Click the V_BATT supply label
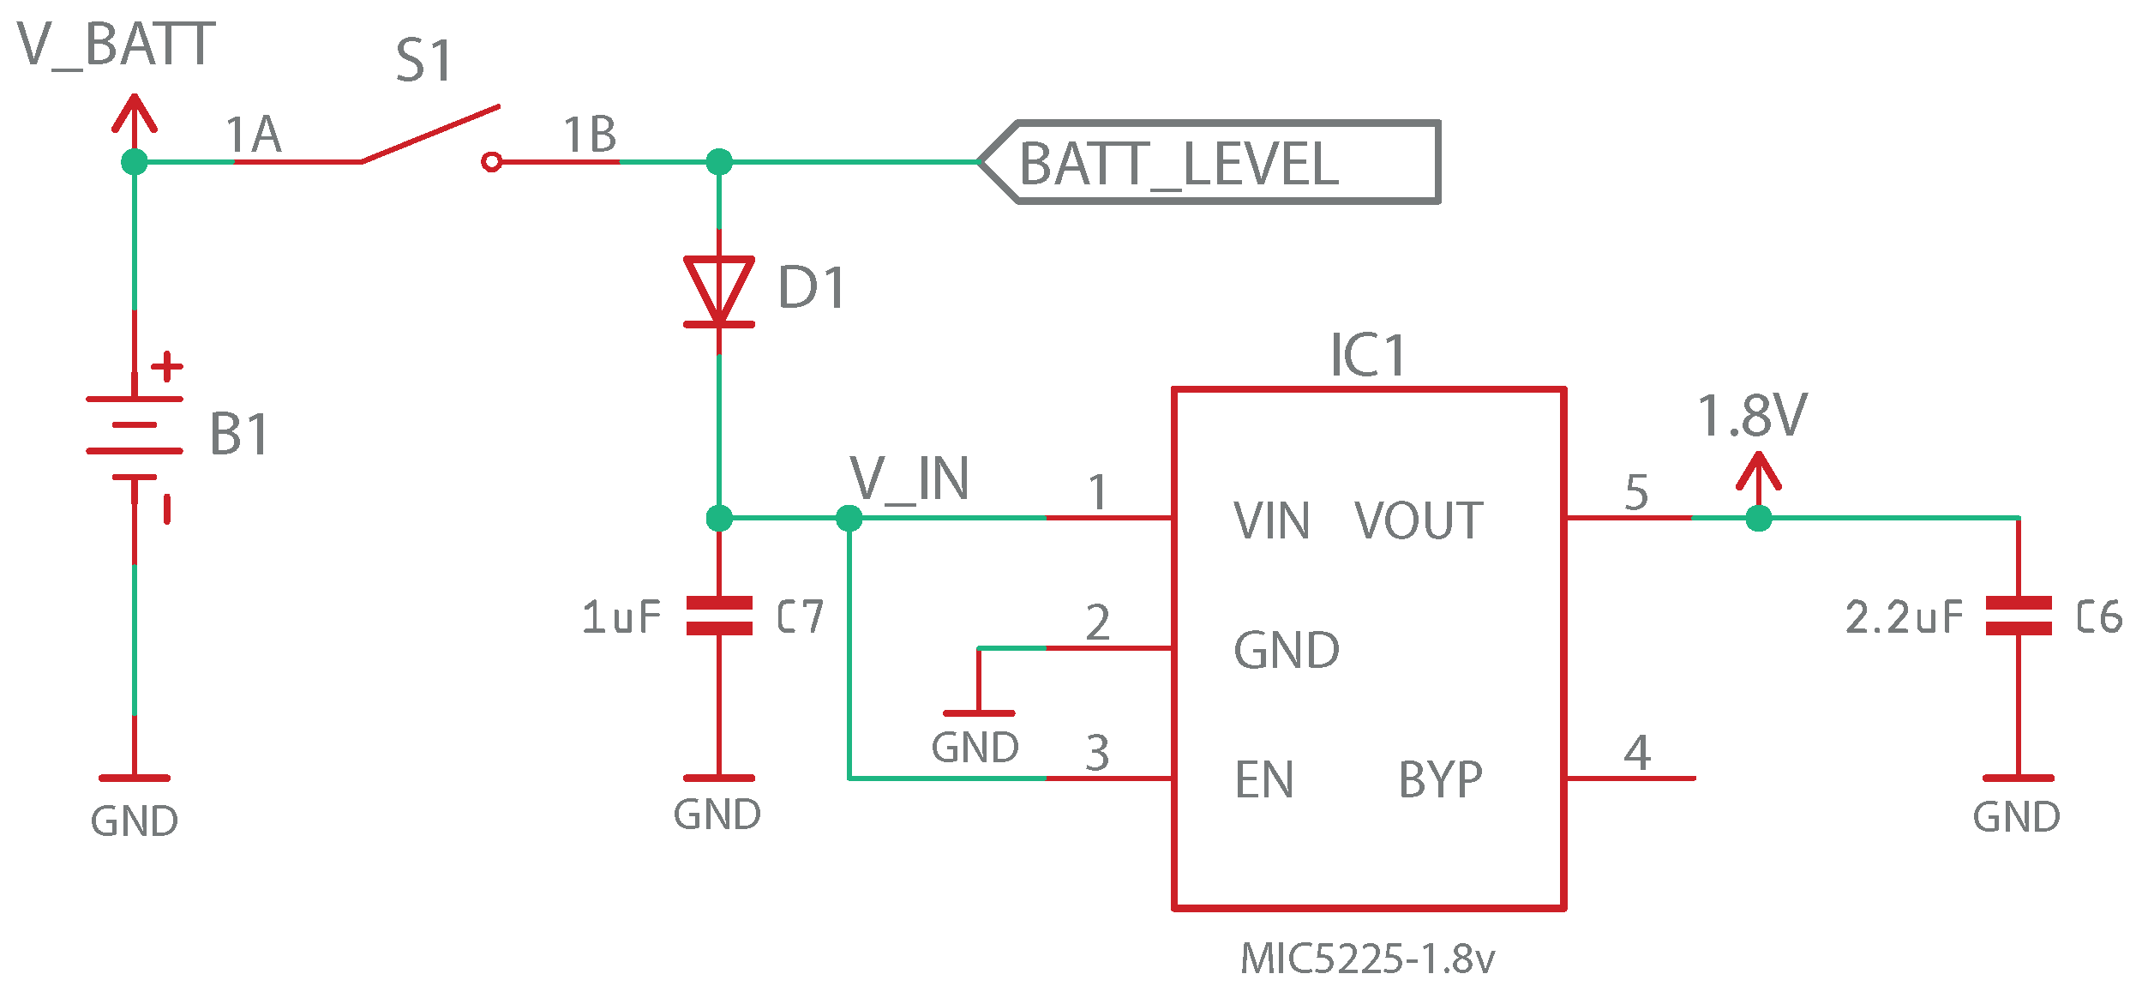click(x=116, y=45)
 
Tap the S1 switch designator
click(x=423, y=62)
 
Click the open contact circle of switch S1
click(x=491, y=161)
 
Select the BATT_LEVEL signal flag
click(x=1209, y=163)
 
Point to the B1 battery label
click(x=239, y=434)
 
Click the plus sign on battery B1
click(x=167, y=366)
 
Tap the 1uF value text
click(x=621, y=617)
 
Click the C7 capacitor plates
click(x=719, y=616)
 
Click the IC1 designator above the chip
click(x=1367, y=356)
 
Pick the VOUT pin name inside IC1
click(x=1419, y=521)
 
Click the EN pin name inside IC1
click(x=1263, y=780)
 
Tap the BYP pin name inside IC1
click(x=1440, y=780)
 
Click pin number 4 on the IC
click(x=1637, y=753)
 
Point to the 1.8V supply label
click(x=1752, y=417)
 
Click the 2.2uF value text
click(x=1904, y=617)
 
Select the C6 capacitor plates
click(x=2019, y=616)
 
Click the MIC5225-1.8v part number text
click(x=1367, y=959)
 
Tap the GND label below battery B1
click(x=135, y=821)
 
